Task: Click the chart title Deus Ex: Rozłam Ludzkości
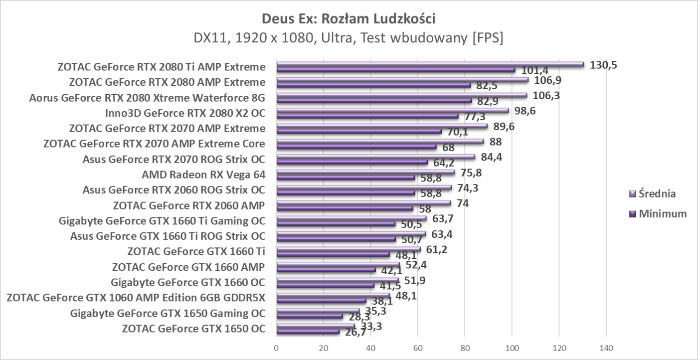349,19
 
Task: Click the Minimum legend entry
658,214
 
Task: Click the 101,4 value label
534,70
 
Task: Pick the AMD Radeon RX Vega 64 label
203,175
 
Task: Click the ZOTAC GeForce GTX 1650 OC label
193,328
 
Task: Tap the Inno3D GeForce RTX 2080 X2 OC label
185,113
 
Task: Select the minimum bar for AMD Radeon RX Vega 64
346,178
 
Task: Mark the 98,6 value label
525,111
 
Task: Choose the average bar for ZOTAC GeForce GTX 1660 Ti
348,249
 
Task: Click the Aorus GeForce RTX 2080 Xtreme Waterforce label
147,97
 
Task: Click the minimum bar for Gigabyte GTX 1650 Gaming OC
310,316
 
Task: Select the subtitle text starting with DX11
349,38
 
